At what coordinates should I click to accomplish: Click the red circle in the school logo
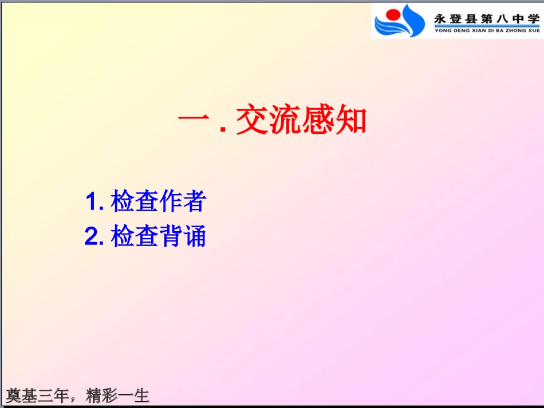click(x=392, y=15)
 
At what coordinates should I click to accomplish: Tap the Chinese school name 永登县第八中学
click(x=486, y=18)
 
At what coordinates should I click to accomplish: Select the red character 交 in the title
click(x=252, y=121)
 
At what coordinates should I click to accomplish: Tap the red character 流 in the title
click(x=285, y=121)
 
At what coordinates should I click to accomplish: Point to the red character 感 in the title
click(x=317, y=121)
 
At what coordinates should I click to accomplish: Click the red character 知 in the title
click(x=350, y=121)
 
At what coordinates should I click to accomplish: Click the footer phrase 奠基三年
click(x=37, y=395)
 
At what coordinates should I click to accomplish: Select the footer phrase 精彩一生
click(x=117, y=395)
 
